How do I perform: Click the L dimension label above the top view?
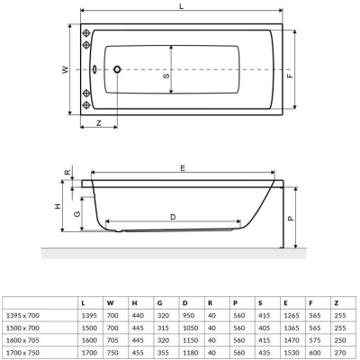pyautogui.click(x=181, y=6)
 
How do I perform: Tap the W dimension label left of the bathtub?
pyautogui.click(x=66, y=70)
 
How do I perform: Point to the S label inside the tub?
pyautogui.click(x=166, y=76)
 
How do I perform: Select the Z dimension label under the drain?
pyautogui.click(x=99, y=122)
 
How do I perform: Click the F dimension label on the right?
pyautogui.click(x=290, y=76)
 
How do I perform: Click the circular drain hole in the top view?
pyautogui.click(x=117, y=69)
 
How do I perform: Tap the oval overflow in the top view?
pyautogui.click(x=94, y=69)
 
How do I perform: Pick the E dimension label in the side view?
pyautogui.click(x=183, y=168)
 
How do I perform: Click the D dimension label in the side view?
pyautogui.click(x=173, y=217)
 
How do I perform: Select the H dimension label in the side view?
pyautogui.click(x=58, y=206)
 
